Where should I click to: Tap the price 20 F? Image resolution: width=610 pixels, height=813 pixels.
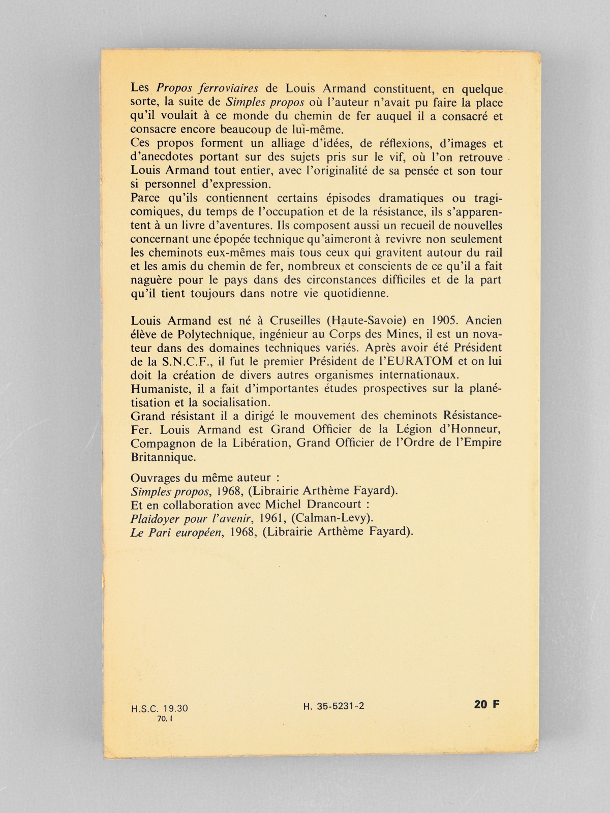[486, 704]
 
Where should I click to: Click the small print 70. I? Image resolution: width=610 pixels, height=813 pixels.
[166, 718]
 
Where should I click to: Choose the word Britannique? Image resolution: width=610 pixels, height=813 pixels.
[163, 457]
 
